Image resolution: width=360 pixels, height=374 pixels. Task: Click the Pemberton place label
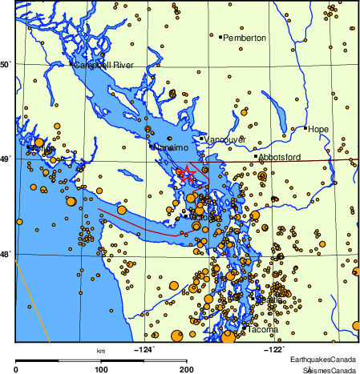(x=245, y=38)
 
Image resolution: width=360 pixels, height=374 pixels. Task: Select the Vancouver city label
(x=224, y=139)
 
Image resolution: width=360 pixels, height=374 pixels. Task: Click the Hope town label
(x=318, y=128)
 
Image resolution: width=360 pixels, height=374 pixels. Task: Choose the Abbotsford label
(x=281, y=157)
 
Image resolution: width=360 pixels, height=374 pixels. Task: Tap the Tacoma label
(x=263, y=330)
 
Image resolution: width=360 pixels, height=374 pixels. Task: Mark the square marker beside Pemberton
(x=220, y=37)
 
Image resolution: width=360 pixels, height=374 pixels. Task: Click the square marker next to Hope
(x=305, y=127)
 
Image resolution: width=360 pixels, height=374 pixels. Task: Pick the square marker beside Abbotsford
(x=256, y=156)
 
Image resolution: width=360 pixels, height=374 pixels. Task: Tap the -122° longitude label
(x=273, y=349)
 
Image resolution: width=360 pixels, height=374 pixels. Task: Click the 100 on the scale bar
(x=101, y=369)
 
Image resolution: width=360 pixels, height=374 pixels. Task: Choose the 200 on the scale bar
(x=187, y=369)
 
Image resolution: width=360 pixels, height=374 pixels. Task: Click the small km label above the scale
(x=101, y=351)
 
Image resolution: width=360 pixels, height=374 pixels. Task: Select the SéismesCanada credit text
(x=329, y=369)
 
